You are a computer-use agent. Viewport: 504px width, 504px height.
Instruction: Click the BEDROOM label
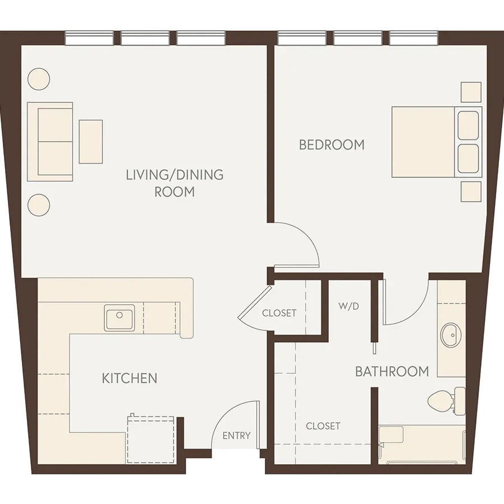(x=332, y=144)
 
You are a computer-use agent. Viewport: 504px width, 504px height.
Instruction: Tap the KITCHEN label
(x=129, y=379)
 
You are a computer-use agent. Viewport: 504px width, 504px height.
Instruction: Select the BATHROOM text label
(x=392, y=372)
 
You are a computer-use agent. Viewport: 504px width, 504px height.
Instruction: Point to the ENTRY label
(x=236, y=436)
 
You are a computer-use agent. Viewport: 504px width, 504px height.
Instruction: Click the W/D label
(x=348, y=306)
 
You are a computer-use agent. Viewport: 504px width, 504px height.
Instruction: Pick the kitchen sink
(x=119, y=318)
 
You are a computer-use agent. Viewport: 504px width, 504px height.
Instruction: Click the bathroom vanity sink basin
(x=451, y=335)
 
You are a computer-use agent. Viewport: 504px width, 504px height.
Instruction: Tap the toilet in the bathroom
(x=446, y=400)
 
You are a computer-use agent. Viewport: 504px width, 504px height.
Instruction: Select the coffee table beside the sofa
(x=91, y=142)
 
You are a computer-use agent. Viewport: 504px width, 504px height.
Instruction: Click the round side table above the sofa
(x=39, y=79)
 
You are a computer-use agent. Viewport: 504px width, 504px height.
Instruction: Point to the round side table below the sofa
(x=39, y=205)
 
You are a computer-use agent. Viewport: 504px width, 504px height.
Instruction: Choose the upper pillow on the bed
(x=468, y=125)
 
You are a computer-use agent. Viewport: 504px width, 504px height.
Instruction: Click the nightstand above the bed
(x=471, y=92)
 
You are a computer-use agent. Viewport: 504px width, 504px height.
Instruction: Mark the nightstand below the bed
(x=471, y=192)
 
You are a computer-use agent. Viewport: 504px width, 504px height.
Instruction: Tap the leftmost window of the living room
(x=90, y=38)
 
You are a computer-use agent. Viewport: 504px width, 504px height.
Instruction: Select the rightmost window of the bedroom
(x=414, y=38)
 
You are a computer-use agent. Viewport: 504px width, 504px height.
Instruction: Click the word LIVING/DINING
(x=175, y=175)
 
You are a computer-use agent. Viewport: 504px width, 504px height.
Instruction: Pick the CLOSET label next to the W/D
(x=279, y=313)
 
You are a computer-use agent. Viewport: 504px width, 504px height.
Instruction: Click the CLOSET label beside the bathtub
(x=323, y=426)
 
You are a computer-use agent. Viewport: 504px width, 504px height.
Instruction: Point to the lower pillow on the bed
(x=468, y=159)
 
